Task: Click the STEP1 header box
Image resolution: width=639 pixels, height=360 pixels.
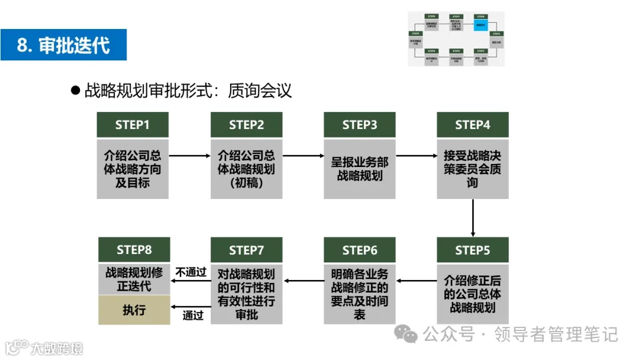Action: [133, 125]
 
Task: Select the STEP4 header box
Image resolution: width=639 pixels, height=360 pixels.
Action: [472, 125]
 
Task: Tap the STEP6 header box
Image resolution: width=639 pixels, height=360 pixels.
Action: [359, 250]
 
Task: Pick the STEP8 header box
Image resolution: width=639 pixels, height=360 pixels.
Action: [134, 250]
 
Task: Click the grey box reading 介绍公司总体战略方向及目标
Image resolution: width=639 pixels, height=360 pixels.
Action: [133, 169]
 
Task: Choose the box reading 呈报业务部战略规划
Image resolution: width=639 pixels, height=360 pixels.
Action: [359, 169]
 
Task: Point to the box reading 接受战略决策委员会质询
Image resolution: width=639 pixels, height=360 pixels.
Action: [472, 169]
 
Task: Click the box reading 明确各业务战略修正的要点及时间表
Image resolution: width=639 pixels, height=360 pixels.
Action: [359, 294]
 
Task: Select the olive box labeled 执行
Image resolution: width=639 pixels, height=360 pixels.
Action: [134, 310]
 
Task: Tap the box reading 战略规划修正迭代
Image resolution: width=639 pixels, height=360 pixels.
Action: [134, 279]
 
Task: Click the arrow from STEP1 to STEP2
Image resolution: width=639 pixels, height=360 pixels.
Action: [189, 156]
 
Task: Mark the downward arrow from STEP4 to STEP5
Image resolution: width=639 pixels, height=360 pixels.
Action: [473, 218]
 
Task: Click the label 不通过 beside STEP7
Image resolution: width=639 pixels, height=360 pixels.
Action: [191, 272]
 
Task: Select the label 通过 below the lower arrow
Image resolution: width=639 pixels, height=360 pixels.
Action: [193, 316]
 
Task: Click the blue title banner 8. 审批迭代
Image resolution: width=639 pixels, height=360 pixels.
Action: [63, 44]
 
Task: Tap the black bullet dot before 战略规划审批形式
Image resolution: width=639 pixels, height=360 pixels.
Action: [75, 91]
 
